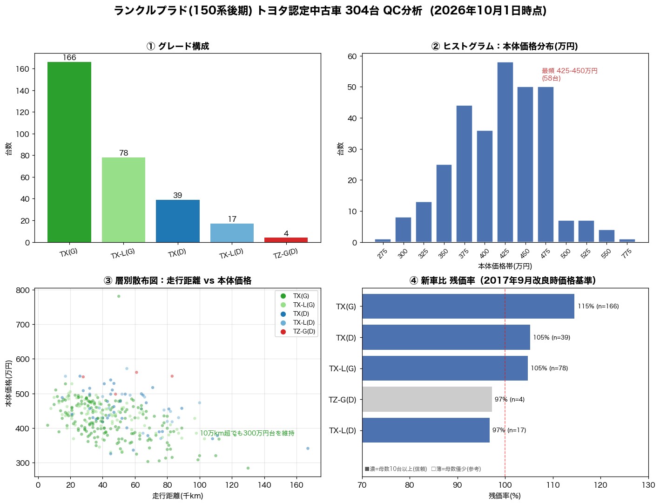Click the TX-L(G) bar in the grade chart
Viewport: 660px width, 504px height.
click(x=123, y=200)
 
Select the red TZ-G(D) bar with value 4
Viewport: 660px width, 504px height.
click(x=286, y=240)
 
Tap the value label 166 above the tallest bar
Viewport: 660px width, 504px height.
click(x=69, y=57)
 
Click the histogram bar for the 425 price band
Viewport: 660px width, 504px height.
click(x=505, y=152)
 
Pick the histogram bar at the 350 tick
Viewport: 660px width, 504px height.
click(x=444, y=204)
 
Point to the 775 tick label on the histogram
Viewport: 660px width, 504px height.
click(x=626, y=253)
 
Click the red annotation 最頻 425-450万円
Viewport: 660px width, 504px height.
click(x=570, y=71)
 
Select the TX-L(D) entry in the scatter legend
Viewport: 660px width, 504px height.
click(x=304, y=322)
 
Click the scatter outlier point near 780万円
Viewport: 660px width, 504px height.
click(x=119, y=296)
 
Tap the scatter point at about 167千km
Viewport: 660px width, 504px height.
click(x=308, y=448)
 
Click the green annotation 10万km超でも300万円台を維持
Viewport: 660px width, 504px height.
click(x=247, y=433)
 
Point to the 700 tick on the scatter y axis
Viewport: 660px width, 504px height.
click(x=22, y=325)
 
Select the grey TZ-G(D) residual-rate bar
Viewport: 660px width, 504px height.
click(x=427, y=399)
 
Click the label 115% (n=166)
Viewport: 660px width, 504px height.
click(x=598, y=306)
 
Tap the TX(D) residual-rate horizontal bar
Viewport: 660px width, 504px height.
click(x=446, y=337)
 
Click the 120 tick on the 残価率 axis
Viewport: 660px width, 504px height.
click(x=600, y=485)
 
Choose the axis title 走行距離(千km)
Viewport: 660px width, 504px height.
click(x=178, y=496)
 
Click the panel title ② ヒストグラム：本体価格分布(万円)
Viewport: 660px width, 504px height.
click(x=505, y=46)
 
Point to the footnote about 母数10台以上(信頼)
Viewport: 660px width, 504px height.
click(x=396, y=469)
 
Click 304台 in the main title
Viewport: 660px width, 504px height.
click(x=362, y=11)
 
